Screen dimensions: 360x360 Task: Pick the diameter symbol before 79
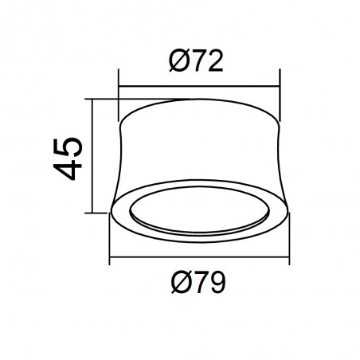(x=178, y=282)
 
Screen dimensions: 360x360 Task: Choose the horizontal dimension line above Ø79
(x=199, y=260)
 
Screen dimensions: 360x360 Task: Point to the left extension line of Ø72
(x=119, y=88)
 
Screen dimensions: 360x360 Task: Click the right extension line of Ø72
(x=280, y=88)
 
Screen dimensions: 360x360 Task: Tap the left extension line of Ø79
(x=110, y=239)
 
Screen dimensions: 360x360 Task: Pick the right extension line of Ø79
(x=288, y=239)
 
